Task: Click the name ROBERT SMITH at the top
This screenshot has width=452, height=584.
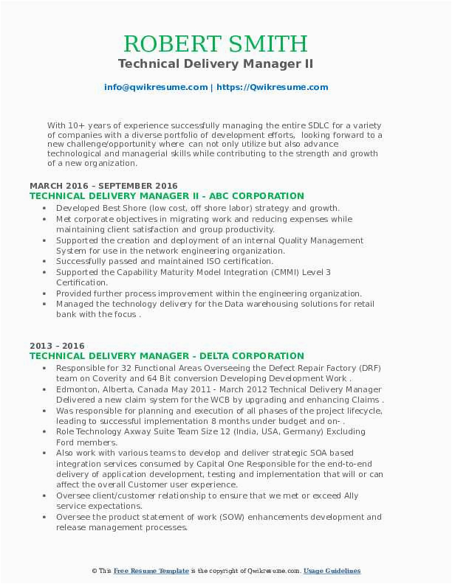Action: pos(216,44)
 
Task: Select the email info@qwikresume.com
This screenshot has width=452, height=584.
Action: pos(156,87)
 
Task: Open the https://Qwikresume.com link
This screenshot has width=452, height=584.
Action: pos(271,87)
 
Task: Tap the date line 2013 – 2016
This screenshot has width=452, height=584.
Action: pos(57,346)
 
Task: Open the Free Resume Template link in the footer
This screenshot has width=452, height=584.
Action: pos(151,571)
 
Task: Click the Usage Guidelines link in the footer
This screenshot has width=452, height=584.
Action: pos(332,571)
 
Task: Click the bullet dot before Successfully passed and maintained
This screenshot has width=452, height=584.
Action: pos(47,261)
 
